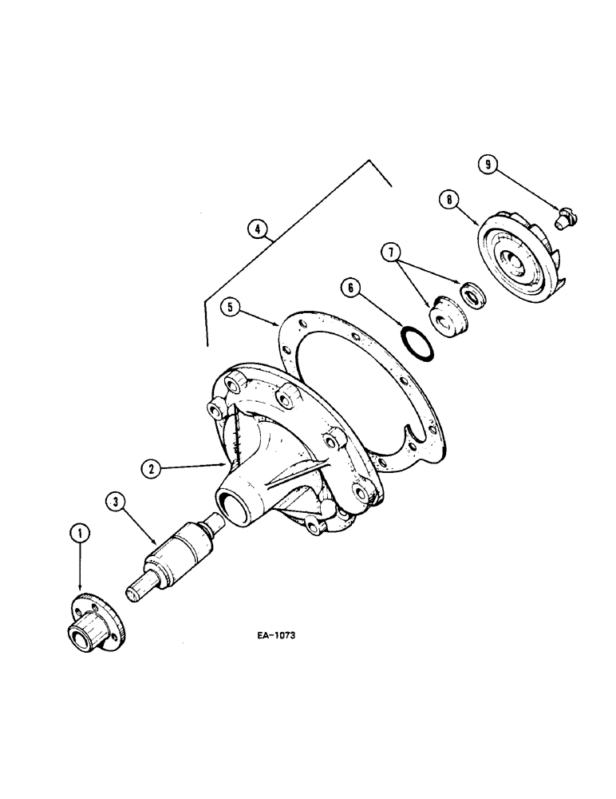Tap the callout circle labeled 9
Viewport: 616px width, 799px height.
tap(488, 165)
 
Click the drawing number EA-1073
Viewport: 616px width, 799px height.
tap(275, 637)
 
